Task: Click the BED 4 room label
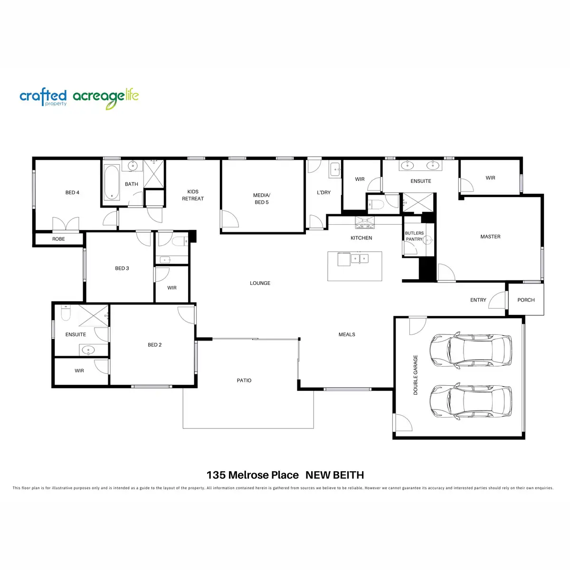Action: click(72, 192)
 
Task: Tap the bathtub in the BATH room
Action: click(112, 182)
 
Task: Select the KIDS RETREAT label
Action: click(193, 195)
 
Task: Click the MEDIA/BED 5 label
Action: click(261, 199)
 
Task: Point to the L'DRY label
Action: click(323, 192)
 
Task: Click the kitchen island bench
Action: click(354, 266)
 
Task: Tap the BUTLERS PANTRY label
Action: click(414, 236)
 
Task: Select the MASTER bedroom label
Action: click(490, 237)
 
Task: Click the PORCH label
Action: click(526, 300)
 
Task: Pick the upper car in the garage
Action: click(471, 350)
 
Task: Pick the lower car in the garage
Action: click(471, 401)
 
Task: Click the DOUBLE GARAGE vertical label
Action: click(416, 375)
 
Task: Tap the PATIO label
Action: click(244, 380)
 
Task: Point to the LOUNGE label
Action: click(260, 283)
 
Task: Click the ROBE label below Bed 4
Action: click(58, 239)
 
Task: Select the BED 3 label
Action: click(122, 268)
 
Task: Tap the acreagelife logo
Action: click(105, 98)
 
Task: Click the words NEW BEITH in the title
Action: click(334, 475)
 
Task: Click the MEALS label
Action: click(347, 334)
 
